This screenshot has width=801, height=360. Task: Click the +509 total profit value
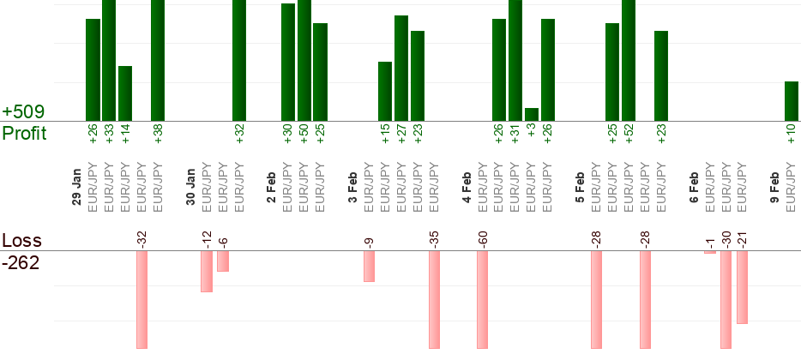pyautogui.click(x=23, y=112)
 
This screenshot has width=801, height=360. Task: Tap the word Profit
pyautogui.click(x=25, y=134)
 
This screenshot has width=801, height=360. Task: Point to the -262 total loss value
pyautogui.click(x=21, y=262)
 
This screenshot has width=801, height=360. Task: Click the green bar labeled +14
pyautogui.click(x=125, y=93)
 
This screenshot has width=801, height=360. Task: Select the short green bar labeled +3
pyautogui.click(x=532, y=115)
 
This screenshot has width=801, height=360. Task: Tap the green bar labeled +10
pyautogui.click(x=792, y=101)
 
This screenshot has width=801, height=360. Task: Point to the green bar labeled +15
pyautogui.click(x=385, y=92)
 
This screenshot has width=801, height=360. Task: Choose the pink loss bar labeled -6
pyautogui.click(x=223, y=261)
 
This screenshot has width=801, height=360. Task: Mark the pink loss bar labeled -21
pyautogui.click(x=743, y=287)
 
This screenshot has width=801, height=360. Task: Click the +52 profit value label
pyautogui.click(x=629, y=137)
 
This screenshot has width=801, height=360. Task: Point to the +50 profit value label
pyautogui.click(x=304, y=137)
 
